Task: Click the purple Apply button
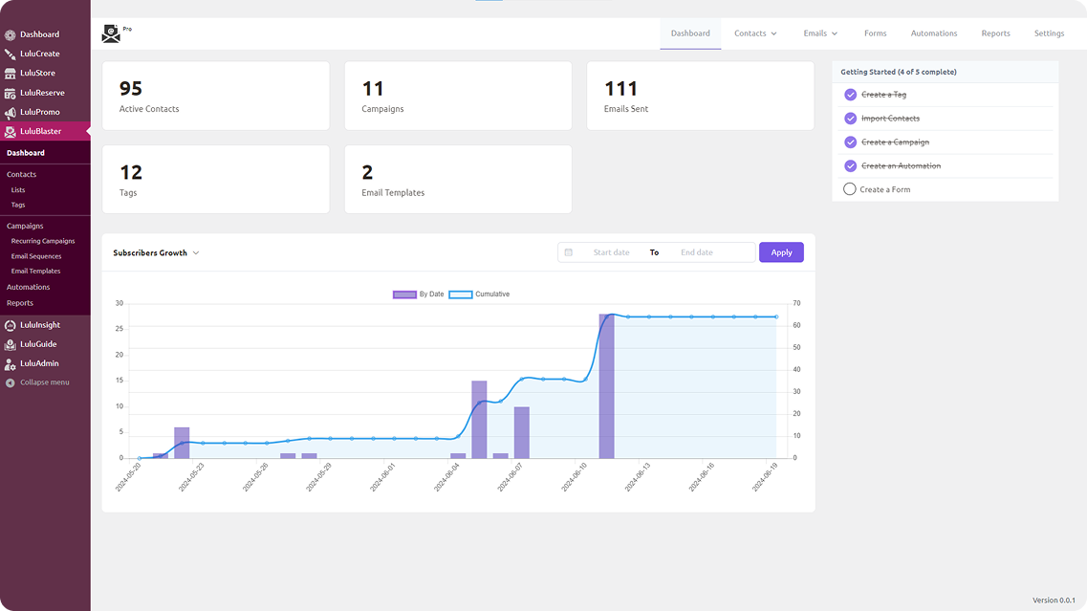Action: point(781,252)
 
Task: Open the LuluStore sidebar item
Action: point(37,73)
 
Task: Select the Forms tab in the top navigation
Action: point(875,33)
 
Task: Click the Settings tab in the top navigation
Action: point(1049,33)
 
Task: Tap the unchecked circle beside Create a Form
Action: point(849,189)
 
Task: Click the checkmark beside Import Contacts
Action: point(851,119)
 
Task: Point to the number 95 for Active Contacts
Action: point(130,89)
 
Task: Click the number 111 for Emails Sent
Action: point(620,89)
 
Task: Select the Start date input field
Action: point(611,252)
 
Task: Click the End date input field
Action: point(697,252)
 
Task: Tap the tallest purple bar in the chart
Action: point(606,386)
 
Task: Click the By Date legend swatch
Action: point(404,295)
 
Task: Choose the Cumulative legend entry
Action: point(479,295)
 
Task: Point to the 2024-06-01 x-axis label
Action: point(382,477)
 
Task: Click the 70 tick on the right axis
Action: point(796,304)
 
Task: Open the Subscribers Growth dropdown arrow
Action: point(196,253)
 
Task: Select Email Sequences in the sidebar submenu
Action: point(36,256)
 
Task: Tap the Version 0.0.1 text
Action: point(1054,600)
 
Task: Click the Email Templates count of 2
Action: point(367,173)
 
